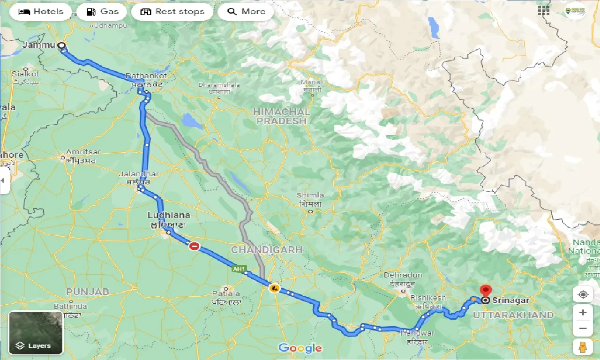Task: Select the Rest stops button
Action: [x=172, y=12]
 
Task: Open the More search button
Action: [x=246, y=12]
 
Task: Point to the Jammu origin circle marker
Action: [x=61, y=45]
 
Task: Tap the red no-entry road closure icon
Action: [x=194, y=246]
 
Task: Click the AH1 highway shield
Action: [x=239, y=269]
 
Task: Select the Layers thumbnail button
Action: [x=36, y=333]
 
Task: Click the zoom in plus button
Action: [x=583, y=313]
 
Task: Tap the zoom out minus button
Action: [x=583, y=329]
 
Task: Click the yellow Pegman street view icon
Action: [x=583, y=347]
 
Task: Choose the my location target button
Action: [x=583, y=294]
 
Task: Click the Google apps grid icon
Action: [x=544, y=11]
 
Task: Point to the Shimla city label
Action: [x=310, y=195]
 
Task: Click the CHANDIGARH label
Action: [x=267, y=250]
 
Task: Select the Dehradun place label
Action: [x=403, y=275]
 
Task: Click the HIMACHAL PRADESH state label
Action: [x=281, y=116]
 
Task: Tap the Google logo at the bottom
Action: [x=300, y=348]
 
